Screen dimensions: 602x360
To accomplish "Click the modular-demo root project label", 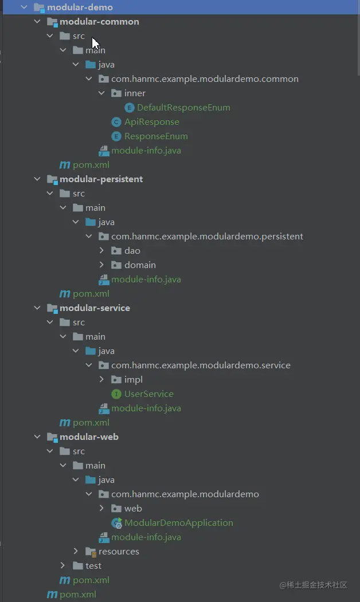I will [x=80, y=7].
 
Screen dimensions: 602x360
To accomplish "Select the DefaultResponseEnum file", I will [x=183, y=108].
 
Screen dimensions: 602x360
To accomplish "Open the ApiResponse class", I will [x=151, y=122].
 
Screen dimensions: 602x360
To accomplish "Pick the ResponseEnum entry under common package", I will [x=156, y=136].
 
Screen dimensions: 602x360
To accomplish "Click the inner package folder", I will [x=135, y=93].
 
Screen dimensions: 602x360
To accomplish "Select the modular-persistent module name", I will [x=101, y=179].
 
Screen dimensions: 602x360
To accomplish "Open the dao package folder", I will [x=132, y=251].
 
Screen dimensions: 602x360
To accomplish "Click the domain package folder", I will [x=140, y=265].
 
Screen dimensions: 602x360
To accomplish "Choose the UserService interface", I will [x=148, y=394].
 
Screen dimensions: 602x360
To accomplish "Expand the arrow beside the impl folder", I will [x=101, y=380].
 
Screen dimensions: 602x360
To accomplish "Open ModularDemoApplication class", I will [x=178, y=523].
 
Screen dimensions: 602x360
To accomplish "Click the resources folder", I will [x=119, y=552].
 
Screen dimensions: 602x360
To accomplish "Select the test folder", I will [x=93, y=566].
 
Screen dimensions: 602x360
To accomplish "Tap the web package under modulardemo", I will [x=133, y=509].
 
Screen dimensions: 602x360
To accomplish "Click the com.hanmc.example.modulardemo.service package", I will [x=201, y=365].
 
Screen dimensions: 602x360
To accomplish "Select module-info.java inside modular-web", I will [x=146, y=537].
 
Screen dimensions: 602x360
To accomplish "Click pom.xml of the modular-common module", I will [x=91, y=165].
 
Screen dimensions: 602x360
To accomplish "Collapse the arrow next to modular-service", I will [x=37, y=308].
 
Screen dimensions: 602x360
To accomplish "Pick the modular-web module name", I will [x=89, y=437].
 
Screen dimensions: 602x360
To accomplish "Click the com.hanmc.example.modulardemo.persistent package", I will [x=207, y=237].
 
